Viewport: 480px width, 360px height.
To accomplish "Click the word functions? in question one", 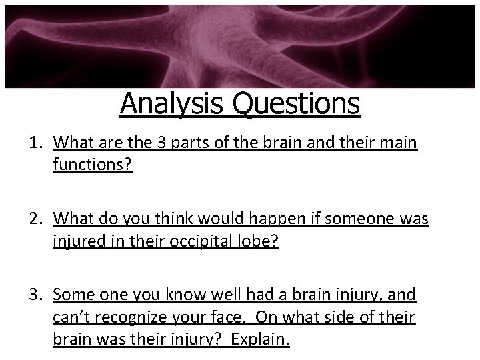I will [93, 165].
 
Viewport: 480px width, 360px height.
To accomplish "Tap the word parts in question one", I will [192, 143].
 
